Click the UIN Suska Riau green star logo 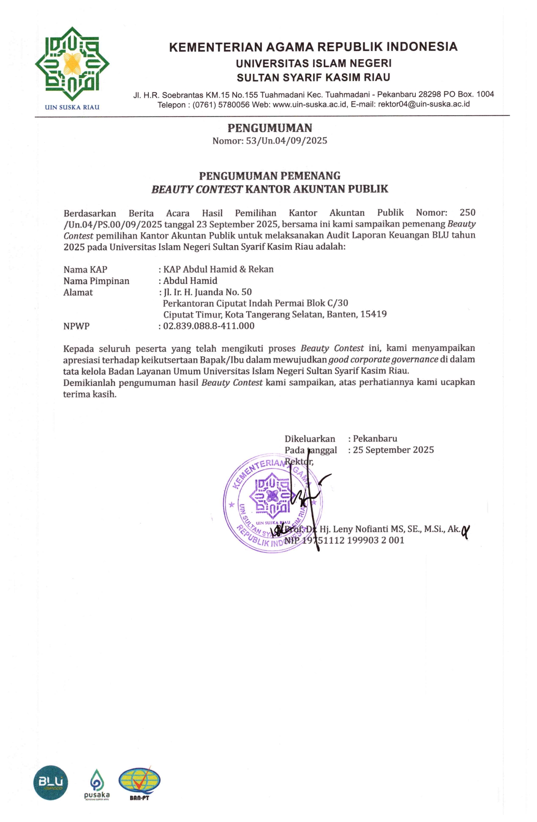(x=72, y=64)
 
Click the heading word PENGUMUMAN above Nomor (x=270, y=128)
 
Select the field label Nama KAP (x=85, y=269)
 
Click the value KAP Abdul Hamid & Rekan (x=218, y=269)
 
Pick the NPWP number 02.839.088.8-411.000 (x=209, y=326)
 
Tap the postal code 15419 (x=373, y=314)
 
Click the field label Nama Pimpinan (x=96, y=281)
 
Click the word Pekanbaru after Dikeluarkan (x=375, y=438)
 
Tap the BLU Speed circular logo (x=51, y=783)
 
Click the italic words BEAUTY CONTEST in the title (x=197, y=189)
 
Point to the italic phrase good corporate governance (x=383, y=359)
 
